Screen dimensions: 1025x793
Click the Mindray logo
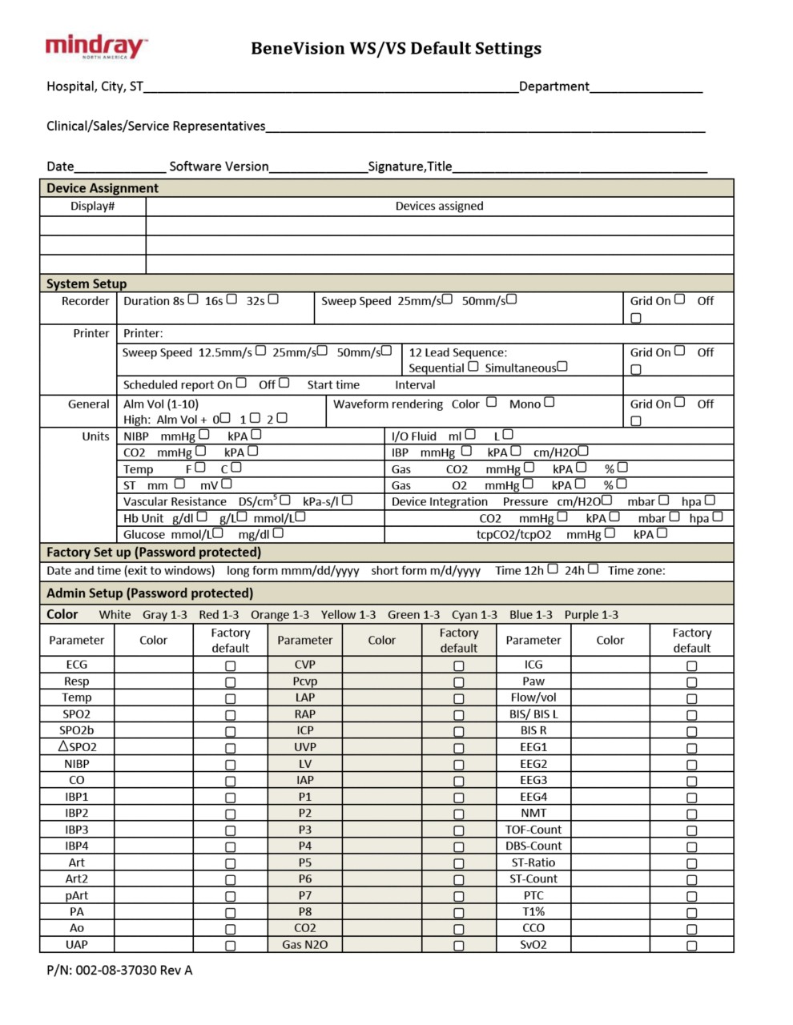(96, 47)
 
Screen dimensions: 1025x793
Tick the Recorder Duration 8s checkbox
(193, 299)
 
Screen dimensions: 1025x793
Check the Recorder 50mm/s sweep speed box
(511, 299)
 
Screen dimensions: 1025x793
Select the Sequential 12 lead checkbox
(473, 367)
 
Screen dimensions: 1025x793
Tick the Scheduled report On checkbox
(241, 384)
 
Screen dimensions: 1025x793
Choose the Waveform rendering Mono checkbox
(549, 402)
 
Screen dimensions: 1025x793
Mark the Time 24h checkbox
(593, 569)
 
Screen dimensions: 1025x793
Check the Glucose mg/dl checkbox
(278, 533)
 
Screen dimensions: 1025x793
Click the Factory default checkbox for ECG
(231, 665)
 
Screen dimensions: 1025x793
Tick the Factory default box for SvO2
(692, 946)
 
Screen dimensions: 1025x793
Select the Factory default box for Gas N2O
(459, 946)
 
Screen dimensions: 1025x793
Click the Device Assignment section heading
(103, 188)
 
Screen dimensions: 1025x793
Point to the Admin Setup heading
(150, 593)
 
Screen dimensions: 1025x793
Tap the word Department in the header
(554, 86)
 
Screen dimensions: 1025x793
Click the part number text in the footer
(119, 971)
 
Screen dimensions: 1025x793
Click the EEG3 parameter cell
(533, 780)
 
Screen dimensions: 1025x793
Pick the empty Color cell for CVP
(382, 665)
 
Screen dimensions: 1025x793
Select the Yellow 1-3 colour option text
(348, 615)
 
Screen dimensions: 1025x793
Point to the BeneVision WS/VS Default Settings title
(396, 48)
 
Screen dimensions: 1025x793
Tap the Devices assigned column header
(439, 207)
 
